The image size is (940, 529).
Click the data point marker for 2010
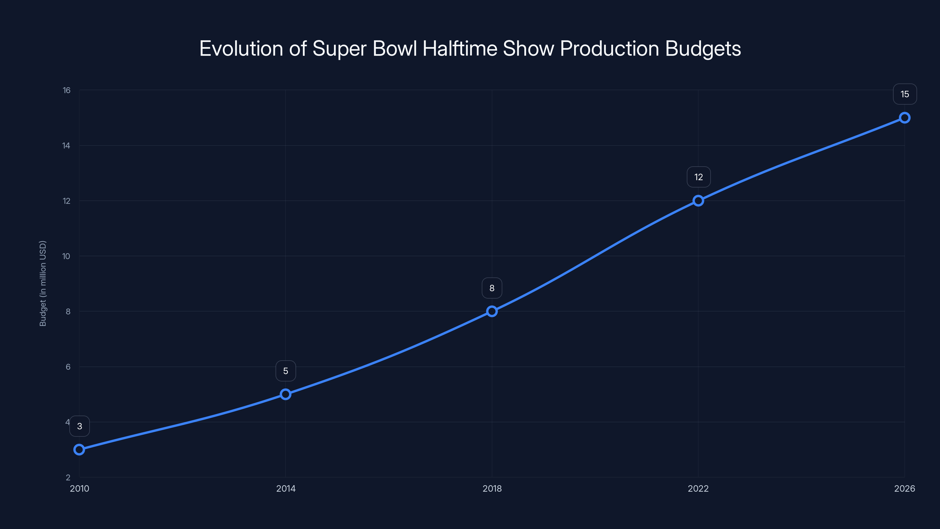(x=79, y=449)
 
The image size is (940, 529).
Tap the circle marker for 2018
(x=492, y=312)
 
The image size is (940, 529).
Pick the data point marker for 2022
(x=698, y=201)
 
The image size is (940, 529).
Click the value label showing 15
(x=905, y=94)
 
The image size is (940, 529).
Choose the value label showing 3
(x=80, y=426)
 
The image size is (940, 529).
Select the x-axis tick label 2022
(x=698, y=488)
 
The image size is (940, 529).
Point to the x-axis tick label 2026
(x=904, y=488)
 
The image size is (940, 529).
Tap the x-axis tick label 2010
(x=80, y=488)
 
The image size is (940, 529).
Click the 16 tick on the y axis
(x=66, y=90)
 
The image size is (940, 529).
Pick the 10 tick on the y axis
(x=66, y=256)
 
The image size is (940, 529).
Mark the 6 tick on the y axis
(x=68, y=367)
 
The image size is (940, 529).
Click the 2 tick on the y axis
(x=68, y=478)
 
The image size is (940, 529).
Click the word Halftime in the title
(x=460, y=48)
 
